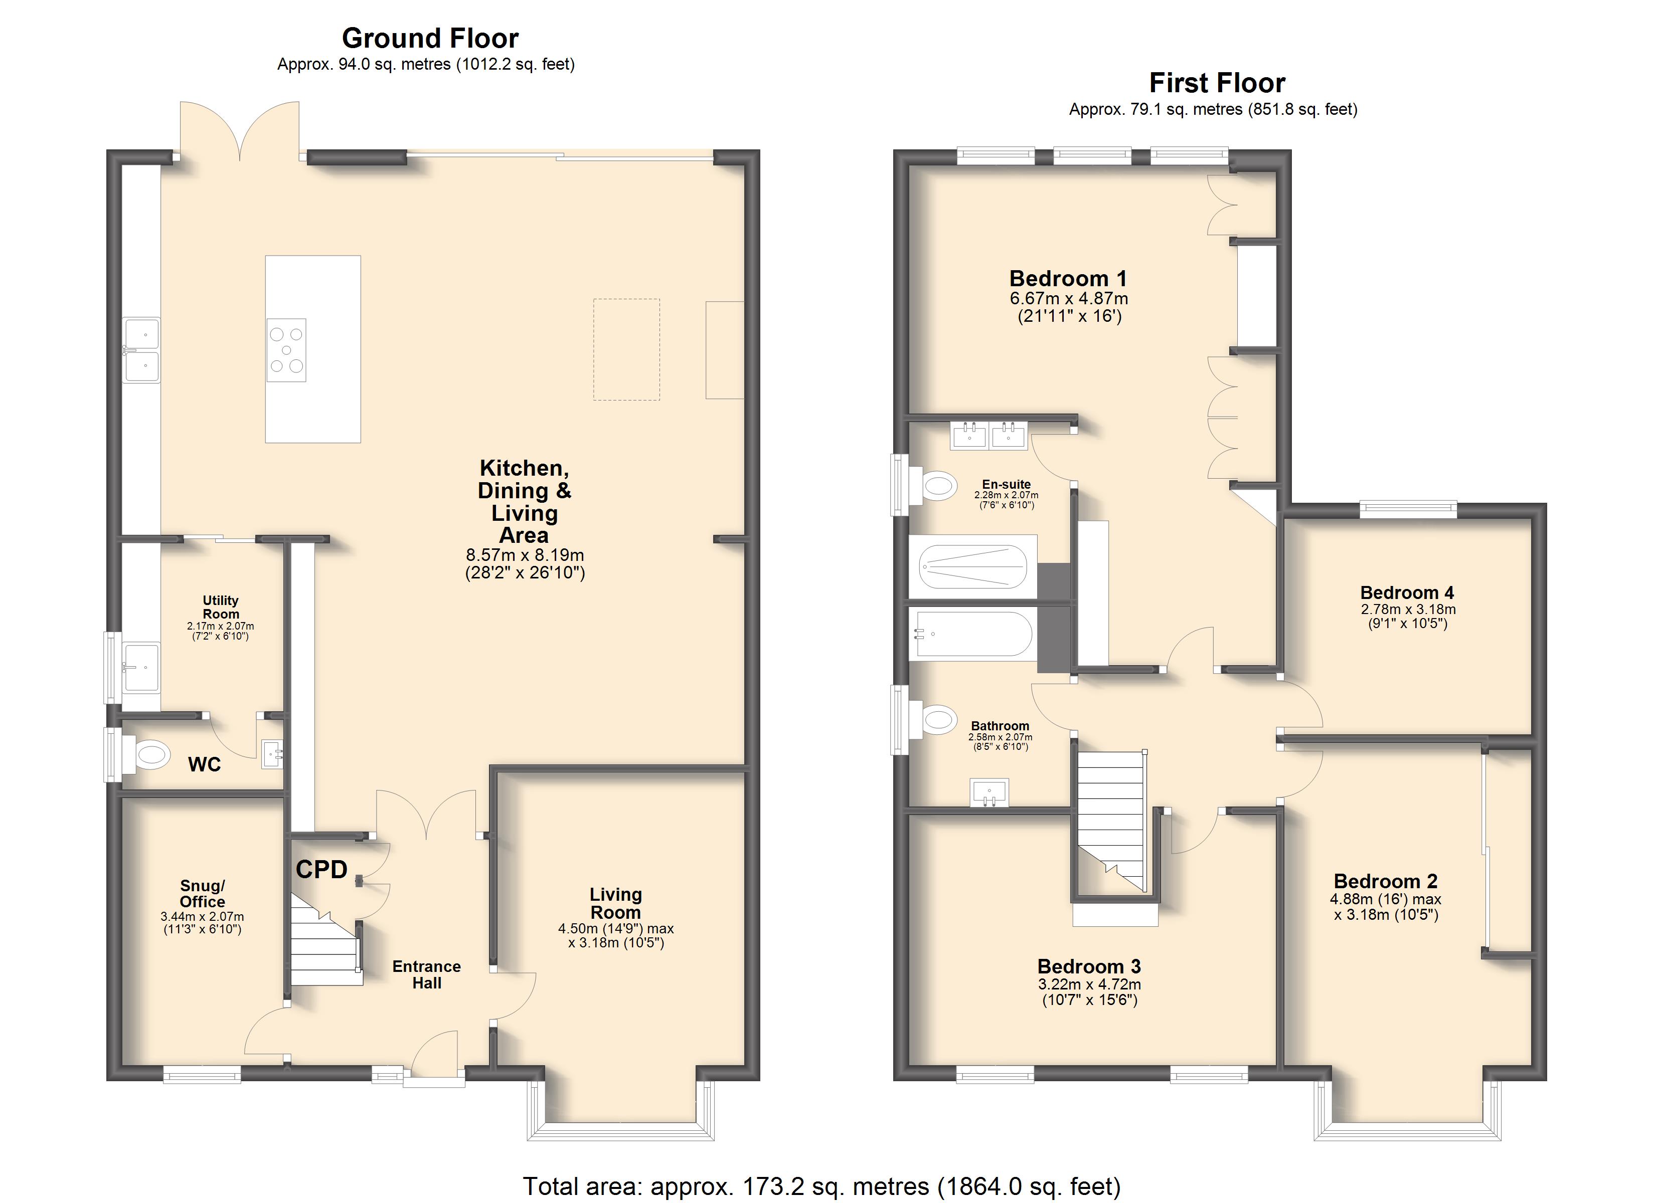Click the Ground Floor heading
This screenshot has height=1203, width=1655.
pyautogui.click(x=430, y=38)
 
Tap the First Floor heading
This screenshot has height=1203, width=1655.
pyautogui.click(x=1217, y=83)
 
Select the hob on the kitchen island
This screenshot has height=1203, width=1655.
pyautogui.click(x=286, y=350)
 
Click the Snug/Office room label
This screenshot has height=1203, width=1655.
pyautogui.click(x=202, y=894)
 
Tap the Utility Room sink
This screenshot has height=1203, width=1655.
pyautogui.click(x=141, y=667)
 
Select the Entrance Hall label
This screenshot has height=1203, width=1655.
pyautogui.click(x=427, y=974)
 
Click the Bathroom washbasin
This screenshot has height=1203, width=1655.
pyautogui.click(x=989, y=791)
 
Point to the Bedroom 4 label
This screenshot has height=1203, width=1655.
pyautogui.click(x=1407, y=592)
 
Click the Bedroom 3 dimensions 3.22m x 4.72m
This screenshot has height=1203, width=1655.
pyautogui.click(x=1089, y=984)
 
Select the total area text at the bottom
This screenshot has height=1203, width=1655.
pyautogui.click(x=821, y=1186)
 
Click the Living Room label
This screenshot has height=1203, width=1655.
pyautogui.click(x=615, y=903)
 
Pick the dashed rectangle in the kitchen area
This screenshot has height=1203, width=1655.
pyautogui.click(x=626, y=349)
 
